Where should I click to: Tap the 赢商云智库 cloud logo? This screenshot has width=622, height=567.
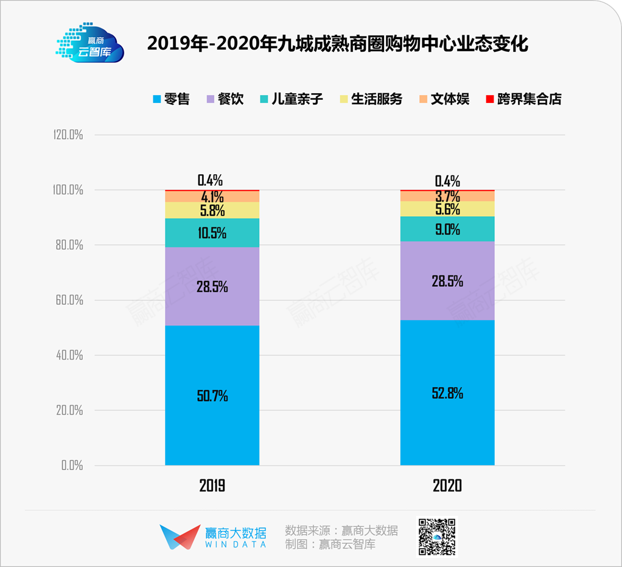pyautogui.click(x=89, y=44)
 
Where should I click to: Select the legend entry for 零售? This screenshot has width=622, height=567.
pyautogui.click(x=171, y=99)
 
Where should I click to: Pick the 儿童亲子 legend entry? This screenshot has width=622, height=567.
pyautogui.click(x=290, y=99)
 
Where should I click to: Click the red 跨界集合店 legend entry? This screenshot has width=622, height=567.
pyautogui.click(x=523, y=99)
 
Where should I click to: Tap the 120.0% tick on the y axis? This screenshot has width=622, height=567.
pyautogui.click(x=67, y=135)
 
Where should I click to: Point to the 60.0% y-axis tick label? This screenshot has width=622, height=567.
pyautogui.click(x=68, y=300)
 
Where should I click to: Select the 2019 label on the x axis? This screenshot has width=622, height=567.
pyautogui.click(x=212, y=485)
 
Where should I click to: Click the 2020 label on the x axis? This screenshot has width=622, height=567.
pyautogui.click(x=447, y=485)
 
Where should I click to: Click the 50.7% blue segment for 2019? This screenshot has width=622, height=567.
pyautogui.click(x=212, y=396)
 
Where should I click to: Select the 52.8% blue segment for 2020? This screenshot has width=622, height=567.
pyautogui.click(x=447, y=393)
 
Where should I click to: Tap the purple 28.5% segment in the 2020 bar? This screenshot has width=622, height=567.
pyautogui.click(x=447, y=281)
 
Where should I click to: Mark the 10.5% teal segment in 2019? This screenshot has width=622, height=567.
pyautogui.click(x=212, y=233)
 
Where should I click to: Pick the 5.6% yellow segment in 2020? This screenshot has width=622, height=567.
pyautogui.click(x=447, y=209)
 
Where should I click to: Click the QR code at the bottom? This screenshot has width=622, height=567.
pyautogui.click(x=436, y=536)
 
